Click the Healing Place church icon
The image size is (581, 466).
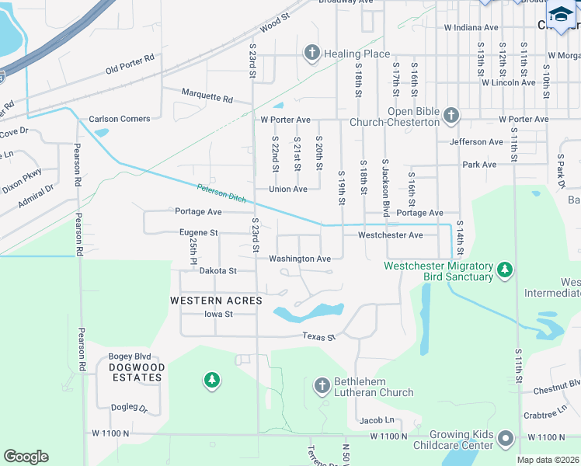click(311, 53)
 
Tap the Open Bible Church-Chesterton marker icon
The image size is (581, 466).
click(451, 116)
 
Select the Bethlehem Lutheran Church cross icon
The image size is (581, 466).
click(322, 385)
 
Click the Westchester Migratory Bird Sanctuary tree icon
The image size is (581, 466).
click(506, 270)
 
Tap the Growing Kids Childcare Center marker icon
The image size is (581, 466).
click(506, 439)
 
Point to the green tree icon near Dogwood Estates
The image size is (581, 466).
click(210, 380)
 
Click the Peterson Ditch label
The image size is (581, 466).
click(220, 192)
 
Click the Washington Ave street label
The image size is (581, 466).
click(300, 259)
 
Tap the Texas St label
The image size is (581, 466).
click(318, 337)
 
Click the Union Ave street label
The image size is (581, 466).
click(287, 189)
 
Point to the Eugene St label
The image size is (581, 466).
click(197, 232)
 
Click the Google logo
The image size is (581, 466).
click(26, 457)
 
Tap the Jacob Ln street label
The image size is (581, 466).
click(377, 419)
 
